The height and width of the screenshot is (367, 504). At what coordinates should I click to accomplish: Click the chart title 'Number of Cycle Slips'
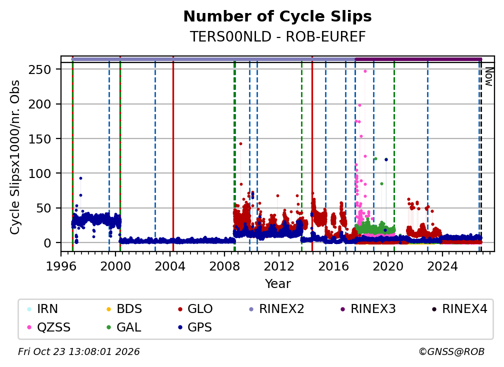(x=277, y=16)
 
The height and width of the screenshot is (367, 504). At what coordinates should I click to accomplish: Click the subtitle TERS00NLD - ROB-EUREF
(x=277, y=36)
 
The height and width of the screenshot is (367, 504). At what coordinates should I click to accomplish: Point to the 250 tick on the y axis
(x=39, y=69)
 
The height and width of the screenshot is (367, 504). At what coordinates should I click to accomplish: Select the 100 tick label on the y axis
(x=39, y=173)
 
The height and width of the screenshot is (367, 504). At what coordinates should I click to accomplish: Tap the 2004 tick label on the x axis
(x=169, y=266)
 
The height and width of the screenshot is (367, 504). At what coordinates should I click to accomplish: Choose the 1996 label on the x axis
(x=61, y=266)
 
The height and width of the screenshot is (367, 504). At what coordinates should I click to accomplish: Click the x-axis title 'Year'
(x=277, y=284)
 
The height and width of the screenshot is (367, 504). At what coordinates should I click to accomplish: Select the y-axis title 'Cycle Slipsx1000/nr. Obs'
(x=15, y=157)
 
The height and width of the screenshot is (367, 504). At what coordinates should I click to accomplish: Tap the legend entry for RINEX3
(x=368, y=309)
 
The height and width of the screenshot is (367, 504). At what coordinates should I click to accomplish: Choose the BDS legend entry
(x=124, y=309)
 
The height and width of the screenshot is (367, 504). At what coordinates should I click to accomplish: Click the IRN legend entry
(x=43, y=309)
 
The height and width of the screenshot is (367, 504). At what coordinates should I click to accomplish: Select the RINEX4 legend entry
(x=459, y=309)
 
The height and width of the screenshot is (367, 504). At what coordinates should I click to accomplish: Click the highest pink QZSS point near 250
(x=365, y=71)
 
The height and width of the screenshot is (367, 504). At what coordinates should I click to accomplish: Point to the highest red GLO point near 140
(x=240, y=143)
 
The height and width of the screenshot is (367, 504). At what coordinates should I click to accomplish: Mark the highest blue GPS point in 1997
(x=80, y=178)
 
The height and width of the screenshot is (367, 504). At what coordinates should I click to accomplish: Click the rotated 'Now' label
(x=489, y=76)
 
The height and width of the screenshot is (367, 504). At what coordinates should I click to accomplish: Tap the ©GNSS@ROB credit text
(x=451, y=351)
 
